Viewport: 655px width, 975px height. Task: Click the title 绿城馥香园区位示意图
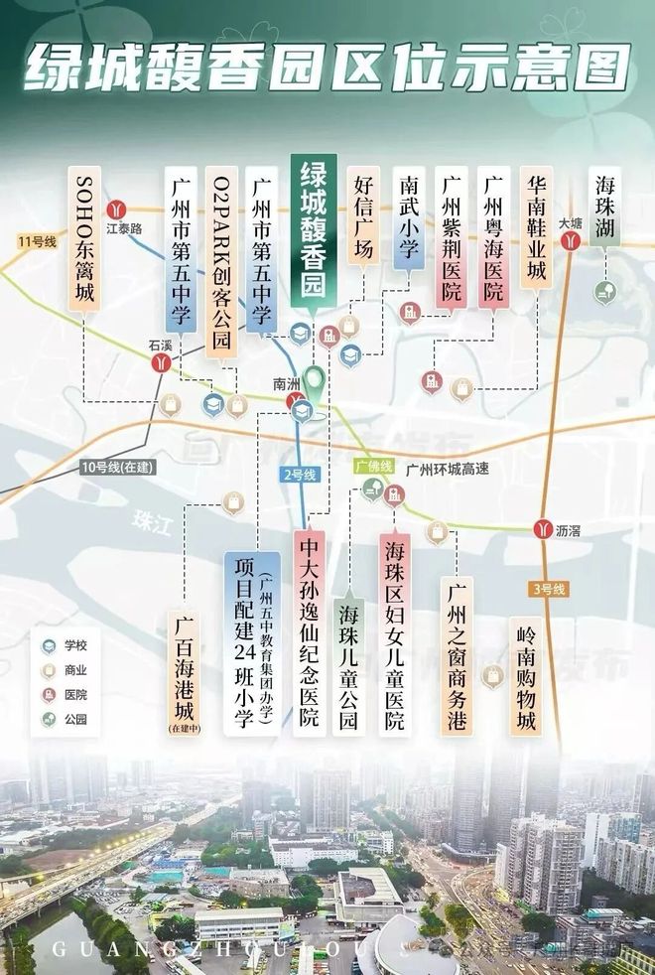pos(327,68)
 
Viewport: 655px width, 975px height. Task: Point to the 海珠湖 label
pos(604,207)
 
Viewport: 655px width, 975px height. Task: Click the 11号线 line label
pos(34,241)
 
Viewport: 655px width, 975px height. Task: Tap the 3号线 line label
pos(549,589)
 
